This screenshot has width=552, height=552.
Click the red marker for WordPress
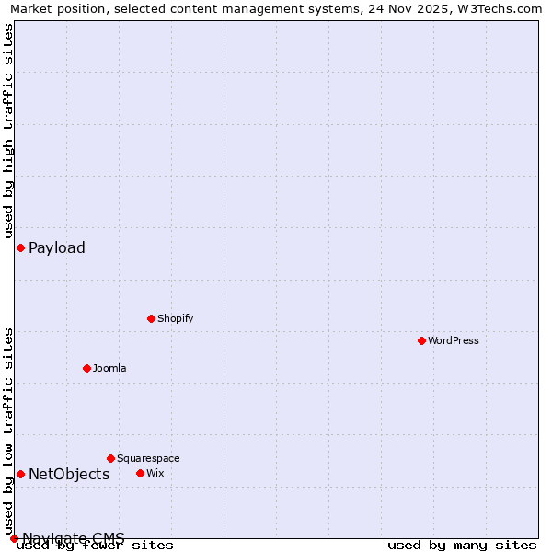click(x=421, y=340)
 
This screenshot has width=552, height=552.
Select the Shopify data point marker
click(x=151, y=318)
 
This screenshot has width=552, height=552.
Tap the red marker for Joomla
click(x=86, y=368)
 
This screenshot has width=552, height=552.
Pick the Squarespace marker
click(x=110, y=458)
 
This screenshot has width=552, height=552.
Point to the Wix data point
click(x=140, y=473)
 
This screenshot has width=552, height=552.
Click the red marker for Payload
click(x=20, y=247)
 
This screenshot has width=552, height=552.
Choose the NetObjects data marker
click(x=20, y=474)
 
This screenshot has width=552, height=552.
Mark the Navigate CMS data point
click(x=14, y=538)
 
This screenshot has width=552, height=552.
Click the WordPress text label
click(x=454, y=340)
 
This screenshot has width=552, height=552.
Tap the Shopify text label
click(x=175, y=318)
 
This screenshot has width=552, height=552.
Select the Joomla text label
click(x=109, y=368)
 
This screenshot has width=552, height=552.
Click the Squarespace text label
click(x=148, y=458)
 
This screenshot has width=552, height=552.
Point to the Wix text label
click(x=155, y=473)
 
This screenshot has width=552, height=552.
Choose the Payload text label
click(x=57, y=247)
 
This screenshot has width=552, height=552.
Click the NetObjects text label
click(x=69, y=474)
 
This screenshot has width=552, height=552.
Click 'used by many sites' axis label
click(x=462, y=546)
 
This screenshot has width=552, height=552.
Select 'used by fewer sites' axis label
click(x=95, y=546)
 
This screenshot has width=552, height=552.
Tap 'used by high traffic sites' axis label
click(x=8, y=131)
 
